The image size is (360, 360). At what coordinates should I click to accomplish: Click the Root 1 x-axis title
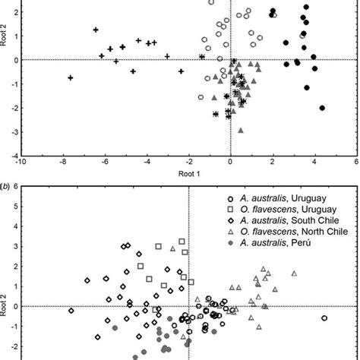180,174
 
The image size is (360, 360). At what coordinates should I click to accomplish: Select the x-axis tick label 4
314,162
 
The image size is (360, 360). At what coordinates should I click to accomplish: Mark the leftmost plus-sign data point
71,77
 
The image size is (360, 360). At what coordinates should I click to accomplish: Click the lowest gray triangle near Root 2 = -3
241,130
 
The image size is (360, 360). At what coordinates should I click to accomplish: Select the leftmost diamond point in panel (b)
71,311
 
